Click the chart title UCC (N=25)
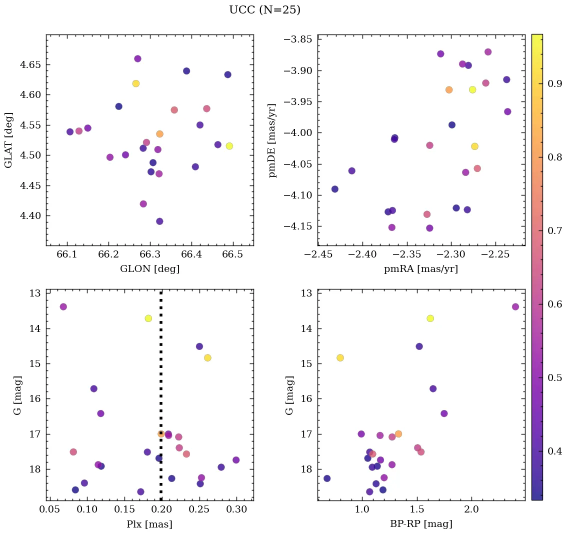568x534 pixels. click(x=264, y=10)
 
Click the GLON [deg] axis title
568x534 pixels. click(x=149, y=269)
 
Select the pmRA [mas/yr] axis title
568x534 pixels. click(x=421, y=269)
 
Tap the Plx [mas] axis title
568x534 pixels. click(x=149, y=524)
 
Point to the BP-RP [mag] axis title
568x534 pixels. click(x=421, y=524)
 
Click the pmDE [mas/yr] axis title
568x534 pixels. click(x=272, y=140)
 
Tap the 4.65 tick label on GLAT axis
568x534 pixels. click(x=30, y=64)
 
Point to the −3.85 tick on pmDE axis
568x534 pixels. click(x=299, y=39)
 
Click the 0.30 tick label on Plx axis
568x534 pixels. click(x=236, y=510)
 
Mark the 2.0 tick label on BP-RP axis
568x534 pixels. click(x=471, y=510)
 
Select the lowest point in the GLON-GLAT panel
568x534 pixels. click(x=159, y=221)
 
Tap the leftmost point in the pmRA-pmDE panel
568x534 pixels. click(x=335, y=189)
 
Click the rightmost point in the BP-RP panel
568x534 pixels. click(x=515, y=306)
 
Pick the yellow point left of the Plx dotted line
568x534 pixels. click(x=148, y=318)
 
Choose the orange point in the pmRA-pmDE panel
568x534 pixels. click(x=449, y=90)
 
